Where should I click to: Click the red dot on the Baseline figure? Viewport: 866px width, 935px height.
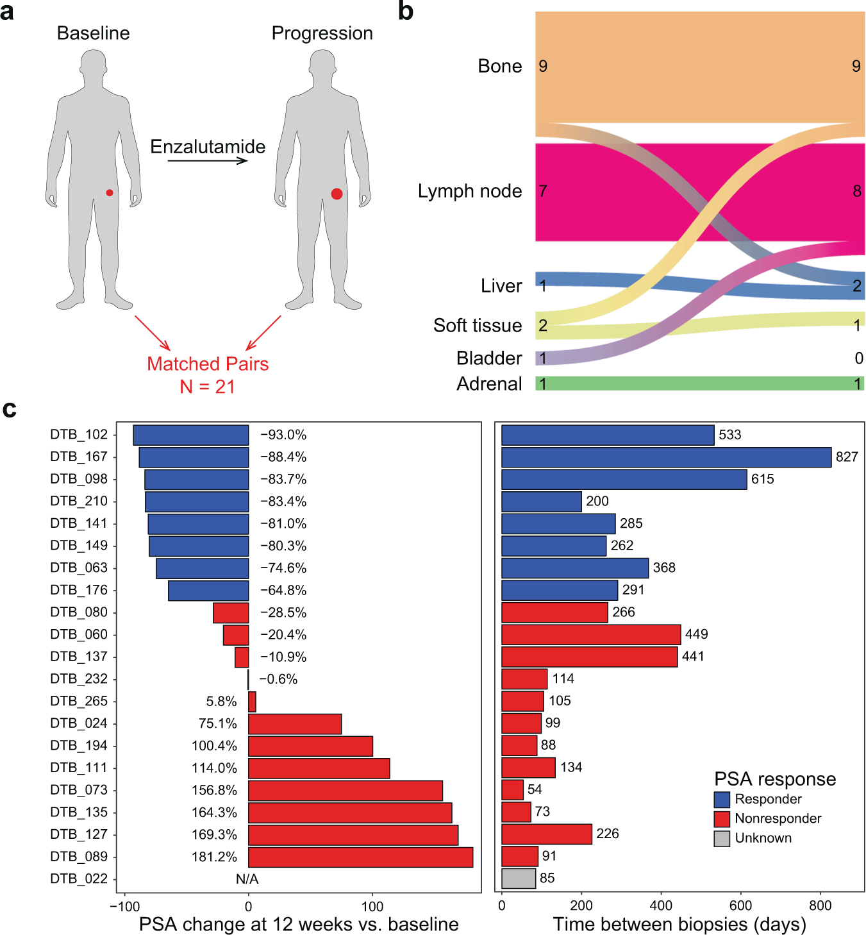tap(110, 192)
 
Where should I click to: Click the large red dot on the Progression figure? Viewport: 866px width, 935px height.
tap(337, 194)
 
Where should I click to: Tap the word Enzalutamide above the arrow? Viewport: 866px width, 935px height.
tap(208, 147)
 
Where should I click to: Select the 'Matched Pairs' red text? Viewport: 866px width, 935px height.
tap(208, 364)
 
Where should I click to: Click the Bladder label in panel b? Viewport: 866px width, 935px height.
tap(489, 358)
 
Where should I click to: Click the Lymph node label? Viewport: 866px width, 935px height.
tap(470, 191)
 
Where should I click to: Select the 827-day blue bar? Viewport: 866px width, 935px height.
tap(666, 457)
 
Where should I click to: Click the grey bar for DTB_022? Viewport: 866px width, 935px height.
tap(519, 878)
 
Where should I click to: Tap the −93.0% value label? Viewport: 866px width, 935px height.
tap(283, 435)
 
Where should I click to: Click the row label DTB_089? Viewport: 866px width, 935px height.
tap(79, 856)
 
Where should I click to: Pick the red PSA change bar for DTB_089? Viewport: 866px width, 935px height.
tap(360, 857)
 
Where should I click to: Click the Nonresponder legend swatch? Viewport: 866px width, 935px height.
tap(722, 819)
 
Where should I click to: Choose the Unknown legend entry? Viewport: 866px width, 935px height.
tap(763, 838)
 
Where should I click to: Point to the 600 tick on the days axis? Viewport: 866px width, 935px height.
tap(740, 906)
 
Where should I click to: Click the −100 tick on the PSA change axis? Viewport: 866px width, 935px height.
tap(124, 906)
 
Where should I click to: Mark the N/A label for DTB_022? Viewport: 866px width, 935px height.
tap(247, 879)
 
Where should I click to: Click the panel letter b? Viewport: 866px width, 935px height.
tap(405, 12)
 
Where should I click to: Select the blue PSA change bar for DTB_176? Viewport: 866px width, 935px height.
tap(208, 590)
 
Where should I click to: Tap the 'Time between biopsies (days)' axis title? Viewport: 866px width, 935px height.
tap(679, 924)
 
